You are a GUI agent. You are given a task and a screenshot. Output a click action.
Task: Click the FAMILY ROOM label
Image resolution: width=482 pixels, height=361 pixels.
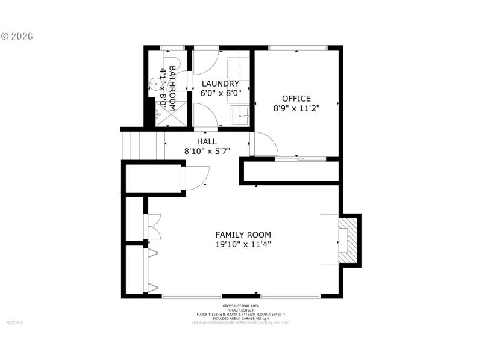tap(243, 235)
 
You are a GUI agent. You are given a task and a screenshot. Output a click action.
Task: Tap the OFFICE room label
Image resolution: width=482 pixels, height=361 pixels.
tap(296, 99)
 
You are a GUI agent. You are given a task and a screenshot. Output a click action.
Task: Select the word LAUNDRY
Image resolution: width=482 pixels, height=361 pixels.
tap(221, 84)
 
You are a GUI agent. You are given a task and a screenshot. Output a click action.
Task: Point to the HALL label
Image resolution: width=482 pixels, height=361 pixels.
tap(207, 141)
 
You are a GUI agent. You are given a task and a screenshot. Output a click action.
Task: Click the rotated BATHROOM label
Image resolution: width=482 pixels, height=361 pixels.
tap(172, 88)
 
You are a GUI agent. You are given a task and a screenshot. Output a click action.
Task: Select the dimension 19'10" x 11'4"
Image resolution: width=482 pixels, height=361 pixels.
tap(243, 244)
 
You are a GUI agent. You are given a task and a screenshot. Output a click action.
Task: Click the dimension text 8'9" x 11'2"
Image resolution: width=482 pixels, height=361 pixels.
tap(296, 108)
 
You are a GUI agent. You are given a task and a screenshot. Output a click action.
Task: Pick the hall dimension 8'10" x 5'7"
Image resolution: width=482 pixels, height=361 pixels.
tap(207, 151)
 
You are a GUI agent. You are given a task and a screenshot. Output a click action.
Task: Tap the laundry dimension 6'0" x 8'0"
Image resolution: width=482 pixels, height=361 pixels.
tap(221, 93)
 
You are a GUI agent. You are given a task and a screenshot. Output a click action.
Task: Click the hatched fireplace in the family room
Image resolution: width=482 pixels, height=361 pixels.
tap(348, 240)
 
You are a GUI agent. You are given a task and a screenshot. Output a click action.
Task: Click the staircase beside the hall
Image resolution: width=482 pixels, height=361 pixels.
tap(135, 145)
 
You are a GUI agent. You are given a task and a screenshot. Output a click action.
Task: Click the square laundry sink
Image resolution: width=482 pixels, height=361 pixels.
tap(243, 114)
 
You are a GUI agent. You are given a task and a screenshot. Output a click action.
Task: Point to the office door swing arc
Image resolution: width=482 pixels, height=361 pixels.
tap(266, 144)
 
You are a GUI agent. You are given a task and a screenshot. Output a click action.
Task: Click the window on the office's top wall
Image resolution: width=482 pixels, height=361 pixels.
tap(298, 48)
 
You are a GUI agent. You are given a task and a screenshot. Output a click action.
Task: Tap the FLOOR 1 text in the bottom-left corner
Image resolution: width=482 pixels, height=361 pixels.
tap(14, 323)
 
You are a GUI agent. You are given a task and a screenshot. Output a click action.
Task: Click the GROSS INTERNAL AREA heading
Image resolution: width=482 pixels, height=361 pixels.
tap(240, 306)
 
